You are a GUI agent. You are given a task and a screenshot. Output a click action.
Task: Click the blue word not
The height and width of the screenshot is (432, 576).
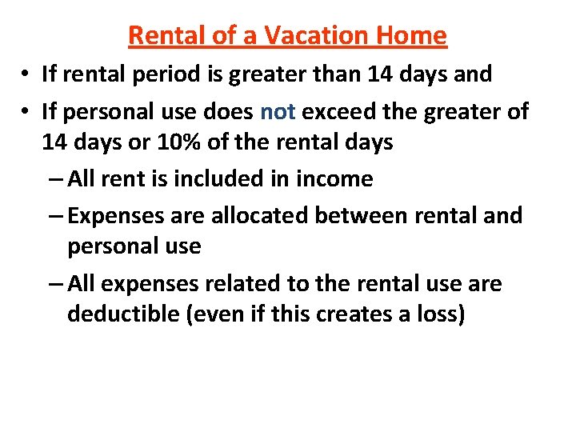[278, 111]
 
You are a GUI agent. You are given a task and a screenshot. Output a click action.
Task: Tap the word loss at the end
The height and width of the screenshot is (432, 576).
[438, 314]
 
